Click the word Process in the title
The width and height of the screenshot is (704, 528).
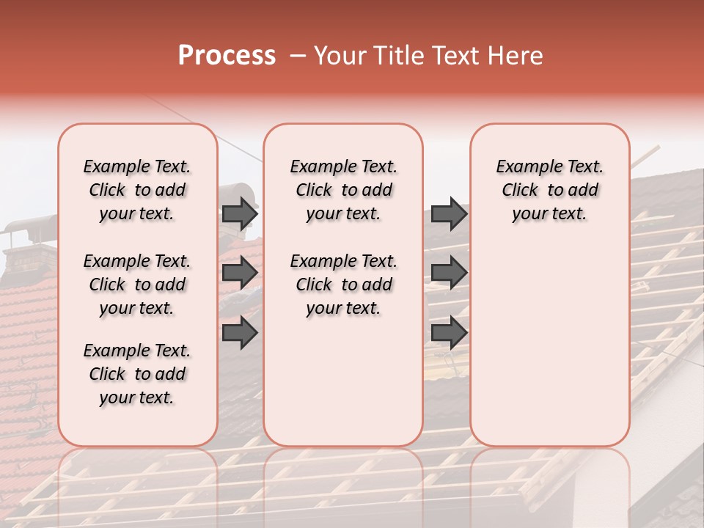pyautogui.click(x=227, y=56)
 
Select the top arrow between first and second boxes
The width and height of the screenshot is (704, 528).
pyautogui.click(x=240, y=213)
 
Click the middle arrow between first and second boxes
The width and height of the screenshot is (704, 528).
pyautogui.click(x=240, y=274)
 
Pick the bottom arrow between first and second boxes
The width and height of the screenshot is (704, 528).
pyautogui.click(x=240, y=333)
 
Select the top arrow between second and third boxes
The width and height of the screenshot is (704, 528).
pyautogui.click(x=449, y=213)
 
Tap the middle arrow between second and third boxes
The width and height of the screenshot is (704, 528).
pyautogui.click(x=449, y=274)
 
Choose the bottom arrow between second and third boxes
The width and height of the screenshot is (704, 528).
pyautogui.click(x=449, y=333)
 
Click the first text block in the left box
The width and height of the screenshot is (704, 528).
pyautogui.click(x=137, y=190)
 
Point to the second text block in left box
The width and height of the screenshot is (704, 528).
pyautogui.click(x=137, y=285)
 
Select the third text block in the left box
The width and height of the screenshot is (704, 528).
pyautogui.click(x=137, y=374)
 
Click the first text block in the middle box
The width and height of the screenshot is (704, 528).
pyautogui.click(x=343, y=190)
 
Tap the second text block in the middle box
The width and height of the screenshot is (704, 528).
pyautogui.click(x=343, y=285)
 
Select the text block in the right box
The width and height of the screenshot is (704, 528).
pyautogui.click(x=549, y=190)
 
